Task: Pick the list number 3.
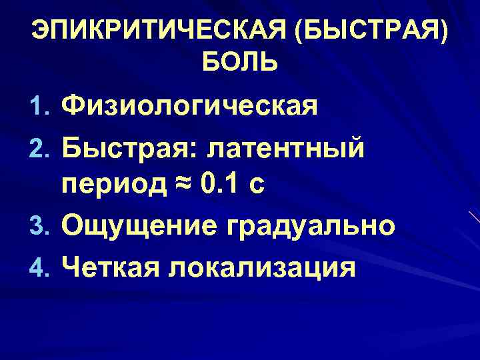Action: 40,226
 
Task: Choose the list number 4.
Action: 40,267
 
